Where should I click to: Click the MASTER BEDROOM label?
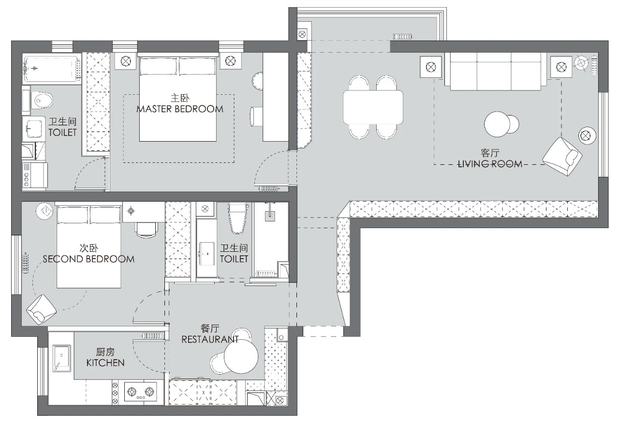coord(180,109)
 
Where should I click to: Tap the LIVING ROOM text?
coord(490,164)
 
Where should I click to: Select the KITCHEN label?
coord(105,363)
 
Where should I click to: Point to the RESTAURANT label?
coord(210,339)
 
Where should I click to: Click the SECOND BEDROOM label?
coord(88,259)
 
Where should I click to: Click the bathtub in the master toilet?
coord(51,69)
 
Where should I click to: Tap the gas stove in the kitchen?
coord(140,392)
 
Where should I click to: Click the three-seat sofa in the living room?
coord(496,71)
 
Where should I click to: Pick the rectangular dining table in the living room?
coord(373,107)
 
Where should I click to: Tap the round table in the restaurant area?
coord(241,357)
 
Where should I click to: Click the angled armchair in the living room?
coord(562,157)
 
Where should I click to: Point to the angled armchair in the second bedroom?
coord(42,309)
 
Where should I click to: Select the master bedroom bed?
coord(177,99)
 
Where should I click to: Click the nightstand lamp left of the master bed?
coord(125,61)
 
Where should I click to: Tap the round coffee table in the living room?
coord(497,124)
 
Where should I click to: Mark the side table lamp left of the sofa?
coord(431,67)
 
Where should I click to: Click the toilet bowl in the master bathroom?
coord(42,100)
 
